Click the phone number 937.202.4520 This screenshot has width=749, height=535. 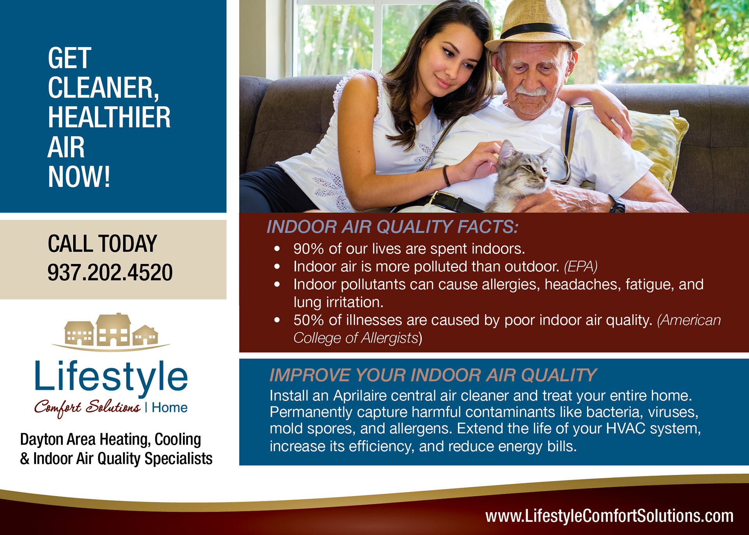coord(110,272)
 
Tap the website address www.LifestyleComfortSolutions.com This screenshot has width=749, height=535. coord(609,516)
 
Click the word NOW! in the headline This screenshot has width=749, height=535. coord(79,177)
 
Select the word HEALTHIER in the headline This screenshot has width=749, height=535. coord(109,117)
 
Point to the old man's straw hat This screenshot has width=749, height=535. coord(534,25)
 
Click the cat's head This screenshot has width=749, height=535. coord(523,166)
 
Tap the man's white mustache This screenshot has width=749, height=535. coord(531,91)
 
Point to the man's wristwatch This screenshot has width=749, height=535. coord(618,203)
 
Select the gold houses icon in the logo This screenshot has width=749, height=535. coord(111,331)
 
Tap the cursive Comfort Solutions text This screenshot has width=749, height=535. coord(87,408)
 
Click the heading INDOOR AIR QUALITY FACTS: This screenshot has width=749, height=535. coord(392,227)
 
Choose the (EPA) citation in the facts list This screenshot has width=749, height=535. coord(581,267)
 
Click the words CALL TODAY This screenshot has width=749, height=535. coord(102,244)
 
